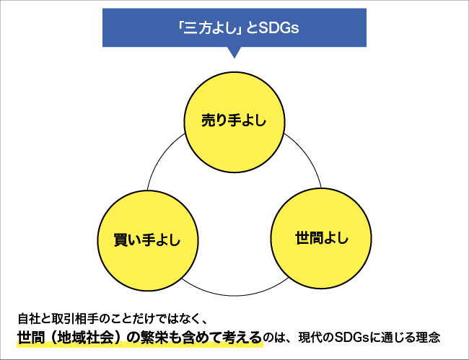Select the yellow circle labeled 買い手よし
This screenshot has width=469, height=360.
coord(148,238)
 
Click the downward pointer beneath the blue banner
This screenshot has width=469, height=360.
coord(234,52)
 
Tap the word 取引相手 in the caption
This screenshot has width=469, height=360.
coord(71,318)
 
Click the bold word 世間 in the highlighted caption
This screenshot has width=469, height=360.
coord(33,337)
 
